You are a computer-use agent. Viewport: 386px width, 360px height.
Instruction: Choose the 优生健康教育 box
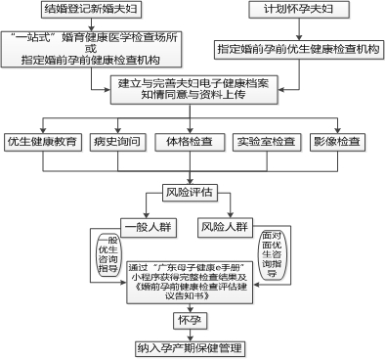(41, 142)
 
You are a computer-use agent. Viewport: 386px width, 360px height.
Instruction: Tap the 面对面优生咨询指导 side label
(277, 255)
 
